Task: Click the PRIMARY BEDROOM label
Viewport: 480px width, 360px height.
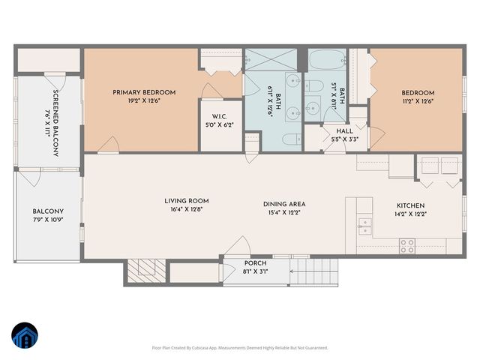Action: [144, 92]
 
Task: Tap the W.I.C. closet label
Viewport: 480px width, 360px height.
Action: [220, 116]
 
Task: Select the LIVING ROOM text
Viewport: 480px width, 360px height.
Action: [187, 201]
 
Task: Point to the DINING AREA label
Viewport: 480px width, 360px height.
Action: [284, 204]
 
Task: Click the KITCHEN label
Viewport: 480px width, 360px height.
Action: [410, 205]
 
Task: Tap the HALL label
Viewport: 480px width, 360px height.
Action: [344, 130]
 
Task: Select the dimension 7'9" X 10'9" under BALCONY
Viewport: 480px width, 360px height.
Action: [47, 220]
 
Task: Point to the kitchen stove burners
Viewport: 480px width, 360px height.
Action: [407, 244]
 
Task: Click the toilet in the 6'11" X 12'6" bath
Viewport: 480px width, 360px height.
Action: [290, 137]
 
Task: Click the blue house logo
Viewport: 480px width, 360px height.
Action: [25, 336]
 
